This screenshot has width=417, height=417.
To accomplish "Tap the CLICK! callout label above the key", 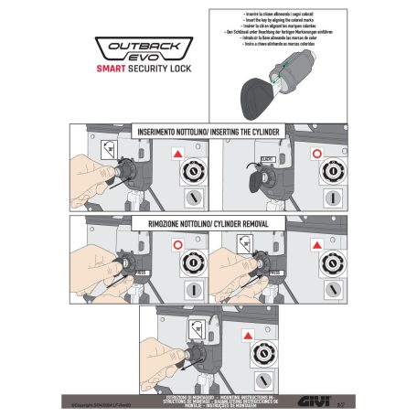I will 268,158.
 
